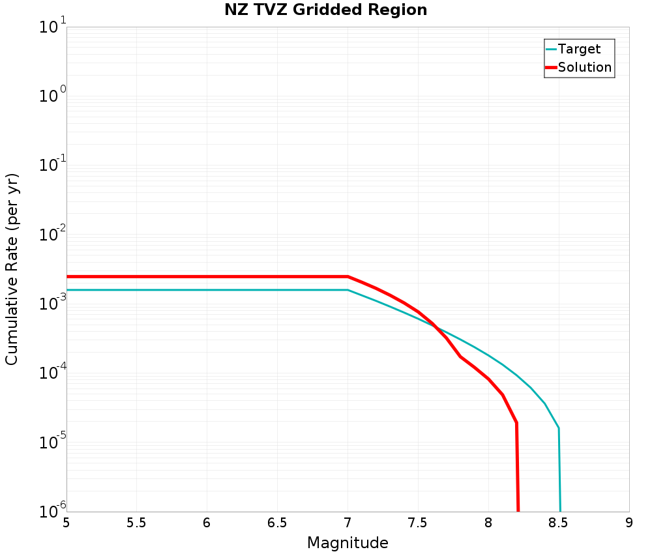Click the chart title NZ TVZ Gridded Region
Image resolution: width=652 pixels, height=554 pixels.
pos(326,10)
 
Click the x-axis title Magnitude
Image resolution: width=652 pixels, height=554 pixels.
pos(348,543)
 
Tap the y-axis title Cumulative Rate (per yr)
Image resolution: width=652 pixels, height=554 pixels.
pos(12,269)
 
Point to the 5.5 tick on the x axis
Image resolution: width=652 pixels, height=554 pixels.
pos(136,523)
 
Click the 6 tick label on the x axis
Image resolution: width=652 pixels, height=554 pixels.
pos(207,523)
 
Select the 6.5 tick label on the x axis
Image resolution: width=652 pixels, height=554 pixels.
pos(277,523)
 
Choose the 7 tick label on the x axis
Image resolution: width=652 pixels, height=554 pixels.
pos(348,523)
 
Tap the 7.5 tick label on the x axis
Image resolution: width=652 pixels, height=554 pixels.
pos(418,523)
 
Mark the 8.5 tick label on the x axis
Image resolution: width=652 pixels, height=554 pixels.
pos(559,523)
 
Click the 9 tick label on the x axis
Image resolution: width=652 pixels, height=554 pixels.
pos(629,523)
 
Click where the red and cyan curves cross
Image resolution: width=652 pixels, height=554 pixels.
pos(435,326)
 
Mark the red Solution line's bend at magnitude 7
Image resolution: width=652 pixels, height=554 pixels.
pos(348,276)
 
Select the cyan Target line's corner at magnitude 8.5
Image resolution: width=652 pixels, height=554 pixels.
pos(559,428)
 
